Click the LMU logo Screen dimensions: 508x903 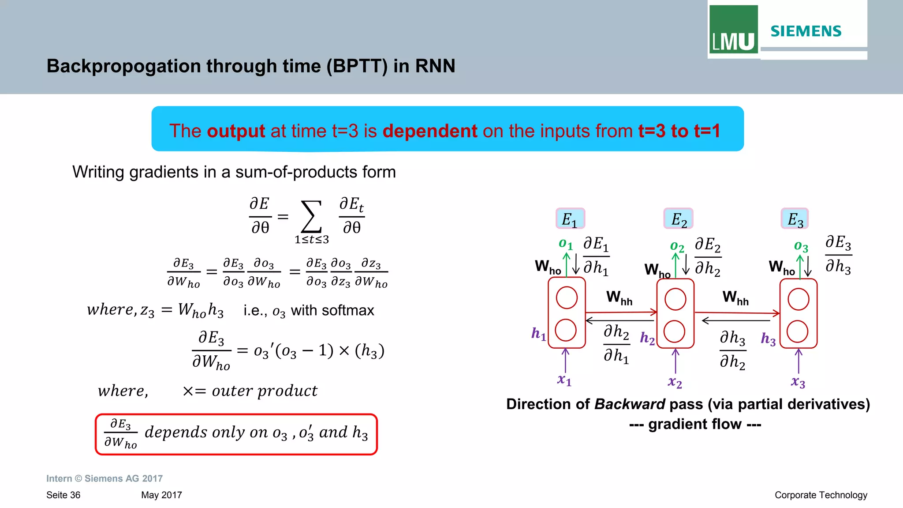tap(733, 30)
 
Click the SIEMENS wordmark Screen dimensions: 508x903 tap(806, 31)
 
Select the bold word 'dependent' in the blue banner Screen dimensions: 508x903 tap(430, 131)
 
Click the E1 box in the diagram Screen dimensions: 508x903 tap(570, 219)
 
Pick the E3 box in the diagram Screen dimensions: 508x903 tap(795, 219)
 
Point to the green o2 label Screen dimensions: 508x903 tap(677, 246)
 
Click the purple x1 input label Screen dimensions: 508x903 tap(564, 380)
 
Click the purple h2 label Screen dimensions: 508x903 tap(647, 338)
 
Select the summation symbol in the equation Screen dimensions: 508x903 tap(311, 216)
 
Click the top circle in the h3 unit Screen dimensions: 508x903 tap(798, 299)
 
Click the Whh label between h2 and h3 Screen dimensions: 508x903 tap(735, 297)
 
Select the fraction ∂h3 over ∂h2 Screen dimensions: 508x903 tap(732, 350)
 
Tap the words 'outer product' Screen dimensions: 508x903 tap(264, 391)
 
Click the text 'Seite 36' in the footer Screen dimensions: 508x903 tap(63, 495)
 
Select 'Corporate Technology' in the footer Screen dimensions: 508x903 tap(821, 495)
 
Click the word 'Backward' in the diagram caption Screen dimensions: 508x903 tap(629, 404)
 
